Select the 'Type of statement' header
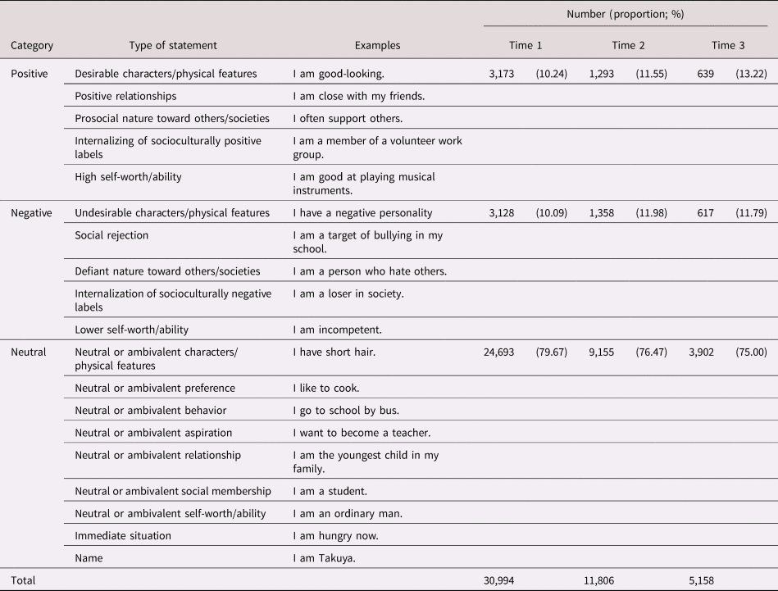click(x=173, y=46)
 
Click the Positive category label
click(x=29, y=74)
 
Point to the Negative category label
click(x=31, y=213)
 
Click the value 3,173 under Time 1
click(x=502, y=74)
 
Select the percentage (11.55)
click(x=651, y=74)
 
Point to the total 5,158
click(x=698, y=580)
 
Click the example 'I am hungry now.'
click(x=335, y=535)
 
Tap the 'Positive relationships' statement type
click(x=125, y=96)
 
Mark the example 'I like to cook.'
click(x=326, y=388)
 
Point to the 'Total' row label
click(x=24, y=580)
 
